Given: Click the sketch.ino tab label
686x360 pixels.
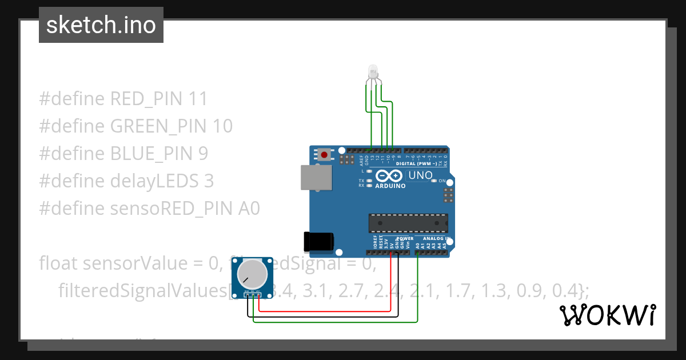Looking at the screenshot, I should click(x=101, y=25).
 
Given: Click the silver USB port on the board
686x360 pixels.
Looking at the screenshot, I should click(x=316, y=177).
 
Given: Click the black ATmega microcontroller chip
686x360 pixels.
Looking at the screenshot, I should click(x=408, y=222).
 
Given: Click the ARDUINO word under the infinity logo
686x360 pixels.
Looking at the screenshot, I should click(x=390, y=186).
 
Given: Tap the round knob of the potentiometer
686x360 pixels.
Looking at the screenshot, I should click(x=252, y=273).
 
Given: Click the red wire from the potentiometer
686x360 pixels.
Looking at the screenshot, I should click(x=326, y=311).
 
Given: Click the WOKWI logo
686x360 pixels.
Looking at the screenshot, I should click(x=607, y=315).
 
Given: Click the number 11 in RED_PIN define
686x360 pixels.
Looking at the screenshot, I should click(x=197, y=99).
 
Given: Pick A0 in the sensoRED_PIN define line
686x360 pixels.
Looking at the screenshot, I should click(x=249, y=209).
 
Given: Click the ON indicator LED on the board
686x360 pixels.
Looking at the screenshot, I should click(x=434, y=181).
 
